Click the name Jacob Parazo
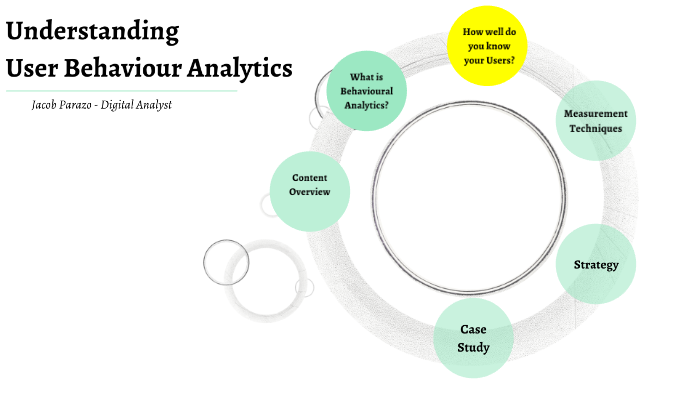coord(65,105)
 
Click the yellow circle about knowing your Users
coord(488,46)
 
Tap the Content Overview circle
coord(310,185)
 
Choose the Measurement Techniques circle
coord(595,121)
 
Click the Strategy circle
coord(596,265)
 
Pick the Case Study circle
coord(474,338)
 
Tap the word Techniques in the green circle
coord(596,128)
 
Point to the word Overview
coord(310,192)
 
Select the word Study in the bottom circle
coord(474,347)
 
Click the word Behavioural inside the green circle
coord(366,90)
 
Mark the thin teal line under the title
coord(120,90)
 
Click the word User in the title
coord(39,68)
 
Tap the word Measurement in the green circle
coord(596,114)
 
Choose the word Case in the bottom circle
coord(474,329)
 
